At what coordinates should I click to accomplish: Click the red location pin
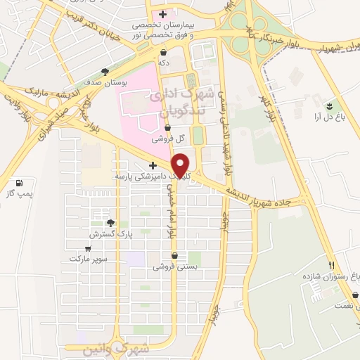(181, 165)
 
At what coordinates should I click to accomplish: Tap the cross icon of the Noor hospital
(163, 14)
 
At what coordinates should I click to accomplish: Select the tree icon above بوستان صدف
(105, 72)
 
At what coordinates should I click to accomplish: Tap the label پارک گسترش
(107, 233)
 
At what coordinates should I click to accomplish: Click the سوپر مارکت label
(89, 259)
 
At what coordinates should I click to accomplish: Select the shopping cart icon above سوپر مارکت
(88, 248)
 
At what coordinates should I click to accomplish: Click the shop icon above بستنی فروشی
(174, 257)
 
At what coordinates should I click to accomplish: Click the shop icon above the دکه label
(163, 52)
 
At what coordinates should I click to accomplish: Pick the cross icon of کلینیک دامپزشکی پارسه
(153, 165)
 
